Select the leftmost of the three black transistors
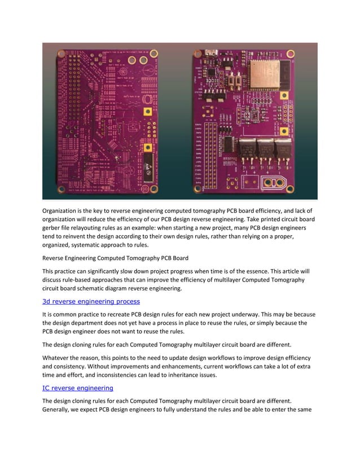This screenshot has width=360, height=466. (x=245, y=148)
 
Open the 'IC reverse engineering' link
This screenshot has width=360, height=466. (x=78, y=388)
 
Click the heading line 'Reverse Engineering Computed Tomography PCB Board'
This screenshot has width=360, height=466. (x=116, y=259)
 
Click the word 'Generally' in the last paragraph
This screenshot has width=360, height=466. (x=60, y=410)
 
